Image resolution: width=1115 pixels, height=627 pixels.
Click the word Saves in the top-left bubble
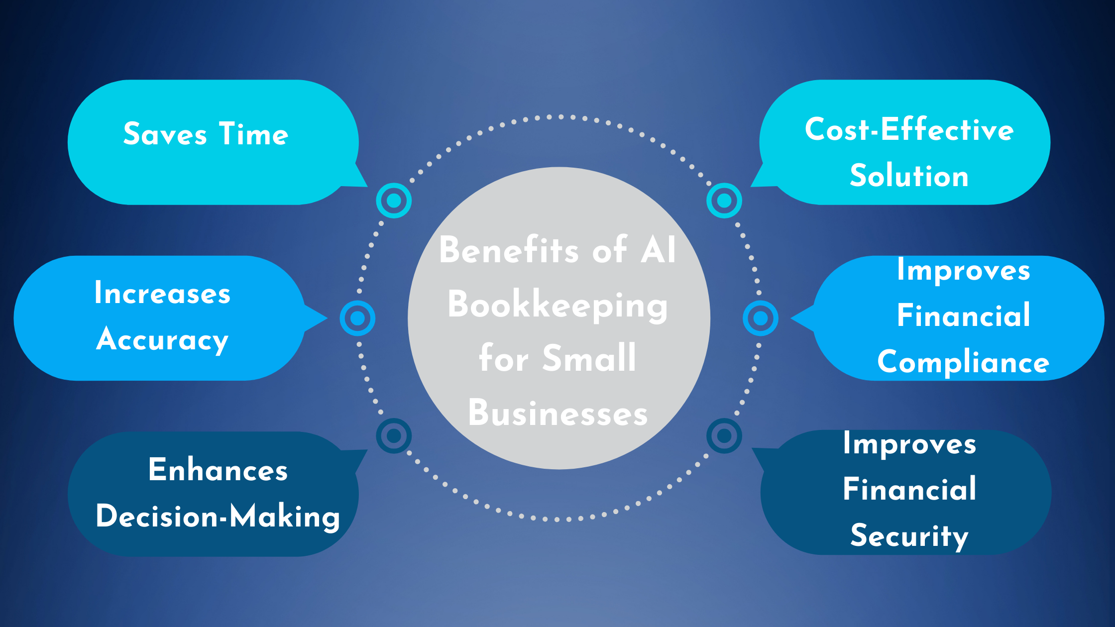click(165, 134)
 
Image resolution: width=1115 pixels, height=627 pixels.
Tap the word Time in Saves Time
click(254, 134)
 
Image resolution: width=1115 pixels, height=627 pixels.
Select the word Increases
click(162, 293)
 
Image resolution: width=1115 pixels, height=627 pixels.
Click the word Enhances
click(218, 470)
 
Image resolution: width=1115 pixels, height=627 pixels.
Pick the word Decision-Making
click(218, 517)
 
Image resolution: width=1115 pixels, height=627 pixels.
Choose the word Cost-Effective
click(909, 130)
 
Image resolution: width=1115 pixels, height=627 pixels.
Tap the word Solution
click(909, 176)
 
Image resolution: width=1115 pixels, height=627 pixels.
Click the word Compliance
click(963, 362)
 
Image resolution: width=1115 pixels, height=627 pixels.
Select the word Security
click(909, 536)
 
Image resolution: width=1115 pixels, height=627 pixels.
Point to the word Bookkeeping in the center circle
click(557, 305)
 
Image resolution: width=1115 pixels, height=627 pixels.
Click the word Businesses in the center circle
click(557, 413)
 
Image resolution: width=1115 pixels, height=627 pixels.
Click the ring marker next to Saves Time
click(394, 201)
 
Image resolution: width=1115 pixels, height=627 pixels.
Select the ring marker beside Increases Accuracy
click(357, 318)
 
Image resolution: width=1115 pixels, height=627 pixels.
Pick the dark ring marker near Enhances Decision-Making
click(394, 436)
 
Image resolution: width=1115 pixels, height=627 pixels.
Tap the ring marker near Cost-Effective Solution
click(724, 201)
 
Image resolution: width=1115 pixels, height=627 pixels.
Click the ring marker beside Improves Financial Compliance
click(761, 318)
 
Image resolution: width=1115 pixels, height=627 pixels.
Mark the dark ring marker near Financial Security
click(724, 436)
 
